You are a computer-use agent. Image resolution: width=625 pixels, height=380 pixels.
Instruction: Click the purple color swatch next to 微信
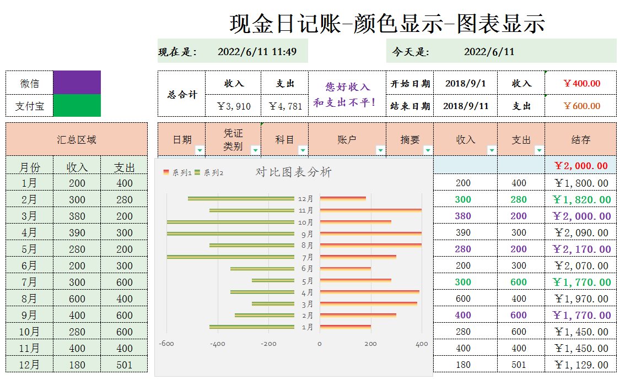coord(77,83)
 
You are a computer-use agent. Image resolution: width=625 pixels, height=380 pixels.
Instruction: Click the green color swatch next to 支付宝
coord(77,106)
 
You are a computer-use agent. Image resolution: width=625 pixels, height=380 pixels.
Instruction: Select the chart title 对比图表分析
coord(294,172)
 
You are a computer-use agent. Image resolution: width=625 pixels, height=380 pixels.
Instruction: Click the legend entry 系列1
coord(178,173)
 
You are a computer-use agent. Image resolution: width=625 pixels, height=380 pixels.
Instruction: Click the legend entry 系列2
coord(209,173)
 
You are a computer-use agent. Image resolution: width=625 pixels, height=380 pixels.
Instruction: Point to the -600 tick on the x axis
coord(166,344)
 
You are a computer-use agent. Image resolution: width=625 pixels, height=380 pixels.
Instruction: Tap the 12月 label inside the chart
coord(305,199)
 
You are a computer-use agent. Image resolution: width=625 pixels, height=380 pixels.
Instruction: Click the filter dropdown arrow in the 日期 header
coord(199,150)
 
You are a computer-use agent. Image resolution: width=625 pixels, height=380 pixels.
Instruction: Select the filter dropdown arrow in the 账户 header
coord(380,150)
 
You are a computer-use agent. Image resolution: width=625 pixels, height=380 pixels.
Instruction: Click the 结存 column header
coord(580,139)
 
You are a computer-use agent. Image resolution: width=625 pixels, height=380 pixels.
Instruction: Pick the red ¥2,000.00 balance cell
coord(580,166)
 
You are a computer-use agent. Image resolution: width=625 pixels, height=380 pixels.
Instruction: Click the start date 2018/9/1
coord(465,84)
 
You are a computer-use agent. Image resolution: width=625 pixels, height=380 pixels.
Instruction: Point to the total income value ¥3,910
coord(234,106)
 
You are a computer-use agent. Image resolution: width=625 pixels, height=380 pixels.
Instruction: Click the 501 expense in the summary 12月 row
coord(124,365)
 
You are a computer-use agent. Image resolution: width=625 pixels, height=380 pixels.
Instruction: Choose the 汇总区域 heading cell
coord(77,139)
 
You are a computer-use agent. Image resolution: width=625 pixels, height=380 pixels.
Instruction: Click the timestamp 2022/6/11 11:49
coord(257,52)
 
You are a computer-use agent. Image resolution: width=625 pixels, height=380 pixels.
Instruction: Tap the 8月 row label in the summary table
coord(29,298)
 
